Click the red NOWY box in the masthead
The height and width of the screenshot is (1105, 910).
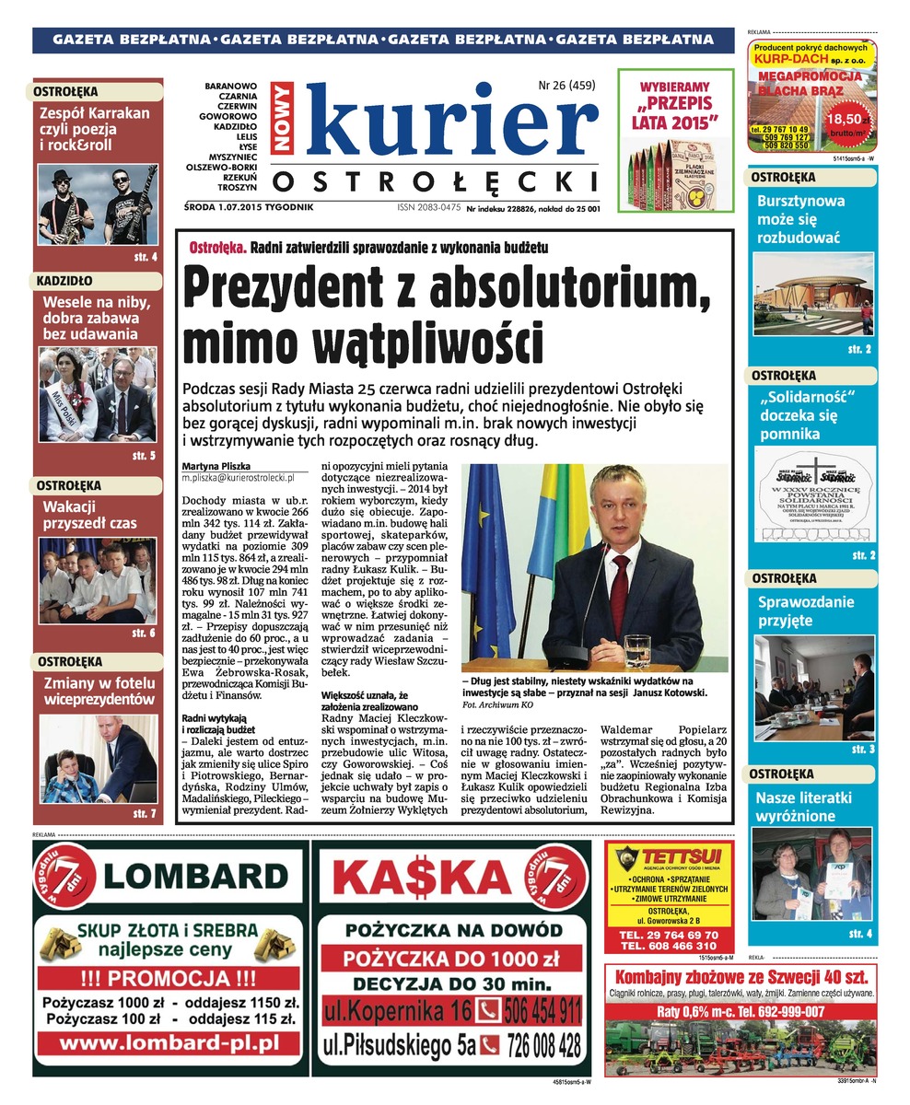pos(282,118)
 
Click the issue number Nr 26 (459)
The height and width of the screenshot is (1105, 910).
pos(566,87)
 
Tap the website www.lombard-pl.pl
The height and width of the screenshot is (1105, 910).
pos(169,1043)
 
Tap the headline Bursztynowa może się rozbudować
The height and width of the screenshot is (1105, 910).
pos(799,218)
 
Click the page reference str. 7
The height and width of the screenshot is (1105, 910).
pos(145,814)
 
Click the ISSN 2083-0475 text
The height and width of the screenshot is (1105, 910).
pos(429,208)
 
